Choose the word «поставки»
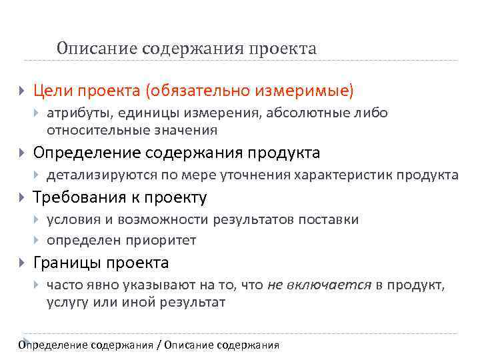click(x=331, y=220)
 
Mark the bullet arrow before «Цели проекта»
click(x=23, y=90)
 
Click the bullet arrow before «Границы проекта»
click(x=23, y=263)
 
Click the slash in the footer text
click(x=158, y=345)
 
